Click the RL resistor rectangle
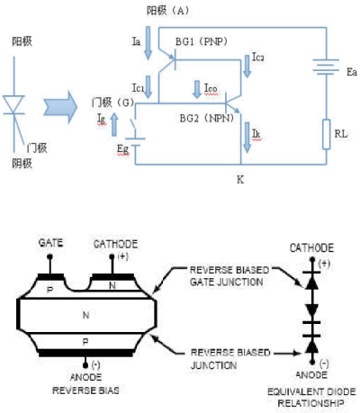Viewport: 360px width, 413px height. point(327,134)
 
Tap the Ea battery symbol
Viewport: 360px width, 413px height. point(326,67)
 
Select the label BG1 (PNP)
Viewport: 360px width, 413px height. point(202,41)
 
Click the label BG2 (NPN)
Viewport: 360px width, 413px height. point(207,118)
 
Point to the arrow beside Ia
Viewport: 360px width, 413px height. point(148,43)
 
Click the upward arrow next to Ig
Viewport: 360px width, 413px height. point(114,124)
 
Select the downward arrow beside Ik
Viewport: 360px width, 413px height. point(247,138)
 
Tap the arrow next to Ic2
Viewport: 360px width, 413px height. point(247,67)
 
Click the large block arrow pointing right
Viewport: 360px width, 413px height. point(60,107)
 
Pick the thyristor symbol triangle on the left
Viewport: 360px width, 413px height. point(13,104)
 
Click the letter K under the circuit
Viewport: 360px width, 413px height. point(240,180)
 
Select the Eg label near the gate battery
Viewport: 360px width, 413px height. point(123,149)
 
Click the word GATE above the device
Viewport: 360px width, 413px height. point(50,243)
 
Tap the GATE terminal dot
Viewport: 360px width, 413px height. point(49,257)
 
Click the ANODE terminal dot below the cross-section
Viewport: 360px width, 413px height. point(85,365)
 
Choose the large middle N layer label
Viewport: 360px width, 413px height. point(85,315)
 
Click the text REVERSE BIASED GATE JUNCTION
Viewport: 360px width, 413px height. point(229,276)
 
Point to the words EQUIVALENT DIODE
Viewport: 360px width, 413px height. point(311,391)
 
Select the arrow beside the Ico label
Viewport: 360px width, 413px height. point(197,89)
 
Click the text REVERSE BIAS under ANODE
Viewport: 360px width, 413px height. point(85,391)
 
